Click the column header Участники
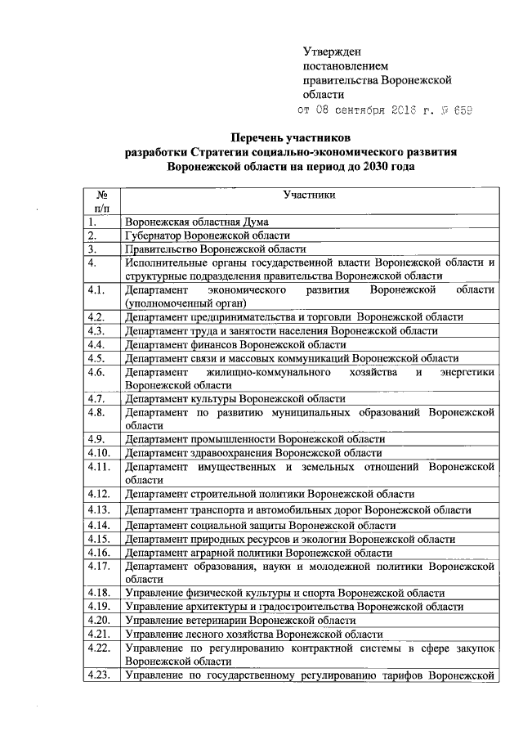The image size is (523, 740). pos(309,195)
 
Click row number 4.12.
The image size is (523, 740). pos(100,494)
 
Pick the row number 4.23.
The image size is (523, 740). pos(100,675)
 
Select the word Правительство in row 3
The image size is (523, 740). pos(162,249)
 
